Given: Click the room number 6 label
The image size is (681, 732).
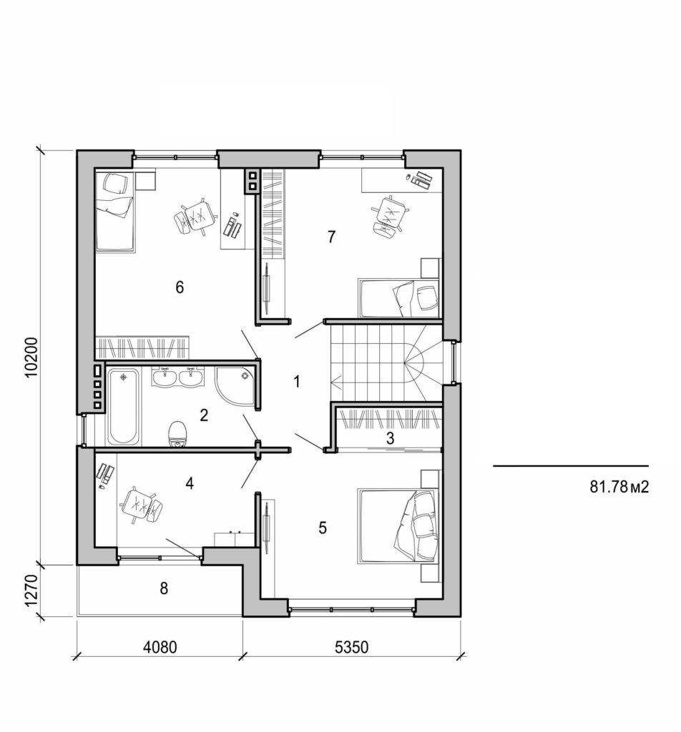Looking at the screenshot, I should coord(180,287).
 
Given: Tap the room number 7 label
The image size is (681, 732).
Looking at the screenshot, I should coord(331,237).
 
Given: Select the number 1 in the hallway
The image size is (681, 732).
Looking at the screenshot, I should coord(297,382).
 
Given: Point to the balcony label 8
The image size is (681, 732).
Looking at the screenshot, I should coord(164,589).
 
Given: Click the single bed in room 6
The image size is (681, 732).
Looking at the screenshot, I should coord(114,211).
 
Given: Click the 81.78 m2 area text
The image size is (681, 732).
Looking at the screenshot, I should coord(619,488).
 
